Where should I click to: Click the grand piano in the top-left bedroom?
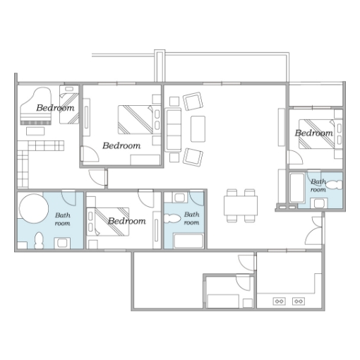pyautogui.click(x=36, y=106)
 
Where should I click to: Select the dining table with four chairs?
pyautogui.click(x=241, y=205)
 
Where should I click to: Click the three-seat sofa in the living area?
pyautogui.click(x=174, y=130)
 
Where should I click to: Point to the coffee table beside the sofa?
pyautogui.click(x=198, y=128)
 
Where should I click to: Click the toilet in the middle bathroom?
pyautogui.click(x=172, y=218)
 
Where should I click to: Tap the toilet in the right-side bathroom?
pyautogui.click(x=335, y=185)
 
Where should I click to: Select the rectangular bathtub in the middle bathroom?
pyautogui.click(x=188, y=241)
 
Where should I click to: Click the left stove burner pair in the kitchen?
pyautogui.click(x=280, y=301)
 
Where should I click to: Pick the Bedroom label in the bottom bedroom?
pyautogui.click(x=127, y=221)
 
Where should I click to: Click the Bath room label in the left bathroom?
pyautogui.click(x=63, y=219)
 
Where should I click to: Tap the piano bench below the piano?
pyautogui.click(x=35, y=131)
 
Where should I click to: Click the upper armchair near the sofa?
pyautogui.click(x=193, y=101)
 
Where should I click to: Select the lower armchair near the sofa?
pyautogui.click(x=193, y=157)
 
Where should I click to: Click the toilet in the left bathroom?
pyautogui.click(x=39, y=241)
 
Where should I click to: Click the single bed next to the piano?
pyautogui.click(x=69, y=104)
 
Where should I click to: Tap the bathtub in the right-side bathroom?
pyautogui.click(x=297, y=188)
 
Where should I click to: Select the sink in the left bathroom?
pyautogui.click(x=62, y=243)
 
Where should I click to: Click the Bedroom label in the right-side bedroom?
pyautogui.click(x=314, y=133)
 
